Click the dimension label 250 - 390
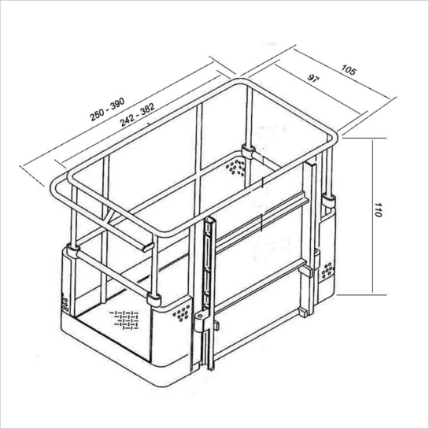107,109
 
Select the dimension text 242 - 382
138,115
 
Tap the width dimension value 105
349,70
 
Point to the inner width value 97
313,78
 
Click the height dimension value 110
378,210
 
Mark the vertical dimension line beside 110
372,216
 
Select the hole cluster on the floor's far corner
235,166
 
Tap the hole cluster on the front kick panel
181,313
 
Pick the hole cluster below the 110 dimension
327,270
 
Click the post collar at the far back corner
249,152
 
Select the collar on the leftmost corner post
73,251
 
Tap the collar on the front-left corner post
153,299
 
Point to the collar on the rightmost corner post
328,200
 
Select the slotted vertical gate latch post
210,293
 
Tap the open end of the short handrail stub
148,247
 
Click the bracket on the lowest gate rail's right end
303,313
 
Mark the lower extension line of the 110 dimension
361,295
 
